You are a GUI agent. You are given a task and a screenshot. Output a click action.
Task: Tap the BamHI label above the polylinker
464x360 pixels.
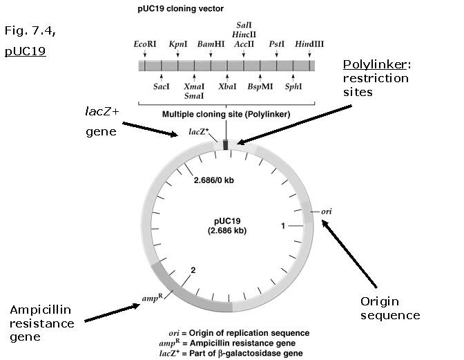coord(211,44)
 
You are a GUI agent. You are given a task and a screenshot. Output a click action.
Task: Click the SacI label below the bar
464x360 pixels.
coord(161,87)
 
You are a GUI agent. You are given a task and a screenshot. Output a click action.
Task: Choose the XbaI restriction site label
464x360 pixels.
coord(226,87)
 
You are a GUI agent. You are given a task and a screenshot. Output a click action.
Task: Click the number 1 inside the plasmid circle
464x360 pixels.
coord(282,225)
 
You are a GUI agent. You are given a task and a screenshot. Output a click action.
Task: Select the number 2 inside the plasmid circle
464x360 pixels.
coord(193,270)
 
